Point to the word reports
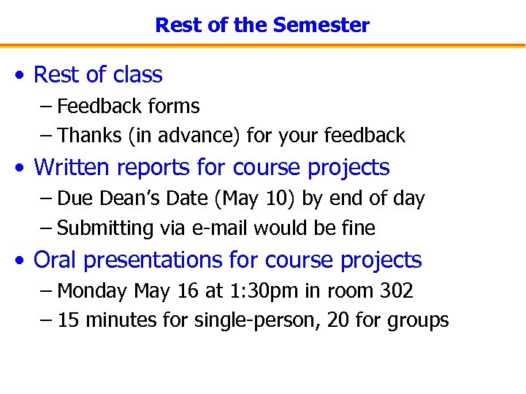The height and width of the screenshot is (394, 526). click(154, 168)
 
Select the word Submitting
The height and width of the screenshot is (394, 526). click(104, 228)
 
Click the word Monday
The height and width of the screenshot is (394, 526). click(92, 292)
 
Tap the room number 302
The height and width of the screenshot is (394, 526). click(397, 291)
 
